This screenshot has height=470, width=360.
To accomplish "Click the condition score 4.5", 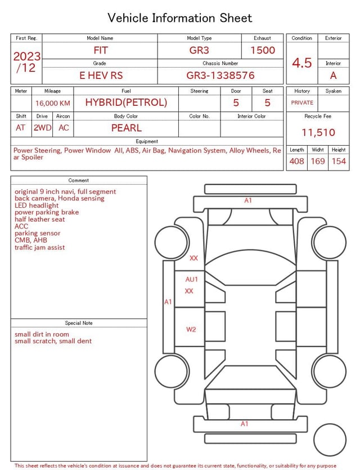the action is click(302, 63).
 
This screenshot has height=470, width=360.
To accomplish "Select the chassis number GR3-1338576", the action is click(220, 75).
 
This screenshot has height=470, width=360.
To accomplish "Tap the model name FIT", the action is click(101, 50).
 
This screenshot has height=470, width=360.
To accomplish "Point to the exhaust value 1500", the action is click(263, 50).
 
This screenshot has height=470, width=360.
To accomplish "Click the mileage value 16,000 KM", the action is click(53, 104).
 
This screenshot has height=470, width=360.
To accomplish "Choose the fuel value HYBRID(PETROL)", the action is click(126, 102).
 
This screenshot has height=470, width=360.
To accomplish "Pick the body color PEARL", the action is click(127, 128).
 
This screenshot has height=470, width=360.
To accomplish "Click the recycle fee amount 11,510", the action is click(318, 132).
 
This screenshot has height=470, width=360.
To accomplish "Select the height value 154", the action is click(339, 161).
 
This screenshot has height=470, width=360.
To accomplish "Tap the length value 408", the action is click(297, 161).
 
